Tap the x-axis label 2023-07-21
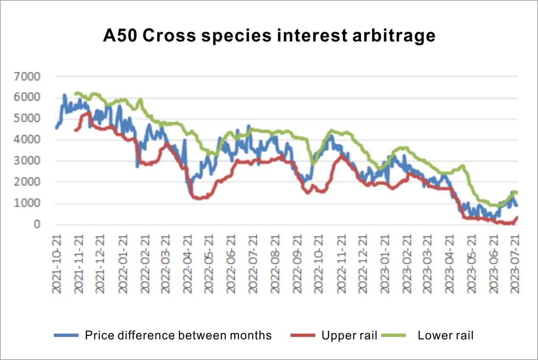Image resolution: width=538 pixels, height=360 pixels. click(x=516, y=262)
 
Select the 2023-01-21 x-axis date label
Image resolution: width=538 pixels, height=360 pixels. click(x=385, y=262)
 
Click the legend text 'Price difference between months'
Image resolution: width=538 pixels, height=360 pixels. click(x=178, y=335)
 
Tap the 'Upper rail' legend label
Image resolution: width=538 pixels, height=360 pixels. click(x=349, y=335)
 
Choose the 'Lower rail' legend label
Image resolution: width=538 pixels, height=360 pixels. click(x=446, y=335)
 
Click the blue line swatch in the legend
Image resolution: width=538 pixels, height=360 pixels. click(x=66, y=335)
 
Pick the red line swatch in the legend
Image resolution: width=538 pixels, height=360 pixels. click(x=303, y=335)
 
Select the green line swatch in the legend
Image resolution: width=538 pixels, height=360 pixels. click(x=393, y=335)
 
